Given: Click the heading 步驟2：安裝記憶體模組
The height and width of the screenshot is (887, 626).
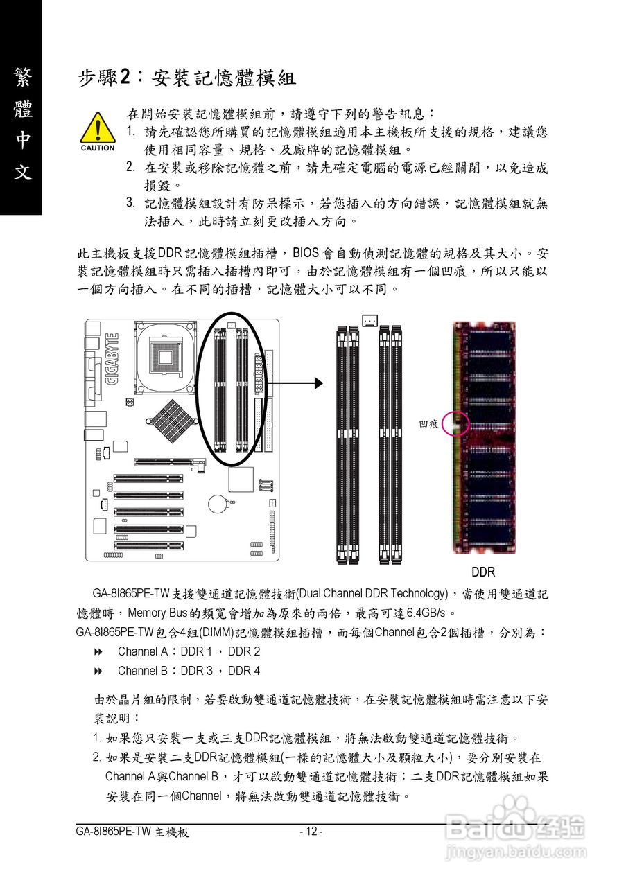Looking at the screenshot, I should coord(186,78).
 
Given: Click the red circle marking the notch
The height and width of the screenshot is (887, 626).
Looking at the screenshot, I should coord(455,423).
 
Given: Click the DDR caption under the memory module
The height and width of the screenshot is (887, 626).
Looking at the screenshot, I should coord(483,572).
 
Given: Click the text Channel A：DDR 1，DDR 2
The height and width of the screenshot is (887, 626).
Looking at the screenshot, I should coord(189,651).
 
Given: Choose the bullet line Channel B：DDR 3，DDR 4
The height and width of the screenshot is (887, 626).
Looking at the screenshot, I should coord(189,671).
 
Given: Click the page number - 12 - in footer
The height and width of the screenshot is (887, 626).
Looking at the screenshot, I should coord(311,832).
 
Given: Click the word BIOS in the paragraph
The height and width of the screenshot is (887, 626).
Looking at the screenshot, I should coord(307,252).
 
